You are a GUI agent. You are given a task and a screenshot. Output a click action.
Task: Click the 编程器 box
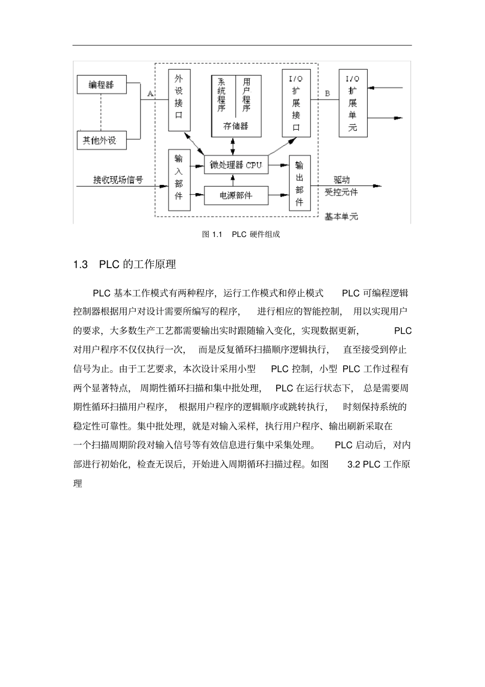101,84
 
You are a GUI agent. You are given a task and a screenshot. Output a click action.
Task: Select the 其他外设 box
101,140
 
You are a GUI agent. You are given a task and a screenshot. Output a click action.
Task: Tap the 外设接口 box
179,100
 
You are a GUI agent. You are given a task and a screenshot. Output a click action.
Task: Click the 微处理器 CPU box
236,165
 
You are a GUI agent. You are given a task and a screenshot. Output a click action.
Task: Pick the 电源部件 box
236,195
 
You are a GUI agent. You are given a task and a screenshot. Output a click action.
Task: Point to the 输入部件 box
179,180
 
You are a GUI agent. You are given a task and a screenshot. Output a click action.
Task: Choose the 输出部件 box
299,183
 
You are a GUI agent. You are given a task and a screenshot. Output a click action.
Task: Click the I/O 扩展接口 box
296,104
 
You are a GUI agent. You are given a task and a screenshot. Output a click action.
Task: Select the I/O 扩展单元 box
353,104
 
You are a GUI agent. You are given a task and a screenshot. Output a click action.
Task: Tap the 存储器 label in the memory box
236,126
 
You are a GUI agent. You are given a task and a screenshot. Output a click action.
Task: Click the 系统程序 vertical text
222,95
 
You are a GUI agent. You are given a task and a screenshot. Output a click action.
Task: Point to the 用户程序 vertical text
247,95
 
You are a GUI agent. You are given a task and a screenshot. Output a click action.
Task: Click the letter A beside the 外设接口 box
150,93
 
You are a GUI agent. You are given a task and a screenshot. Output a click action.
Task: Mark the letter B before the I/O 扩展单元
327,93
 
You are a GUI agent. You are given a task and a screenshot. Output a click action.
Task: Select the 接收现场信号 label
118,180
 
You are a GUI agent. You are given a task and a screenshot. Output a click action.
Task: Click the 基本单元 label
342,217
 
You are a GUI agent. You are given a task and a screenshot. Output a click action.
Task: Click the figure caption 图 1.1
213,234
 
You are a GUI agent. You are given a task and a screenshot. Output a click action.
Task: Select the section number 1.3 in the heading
81,265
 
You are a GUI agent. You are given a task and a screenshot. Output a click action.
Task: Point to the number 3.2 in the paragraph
354,464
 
